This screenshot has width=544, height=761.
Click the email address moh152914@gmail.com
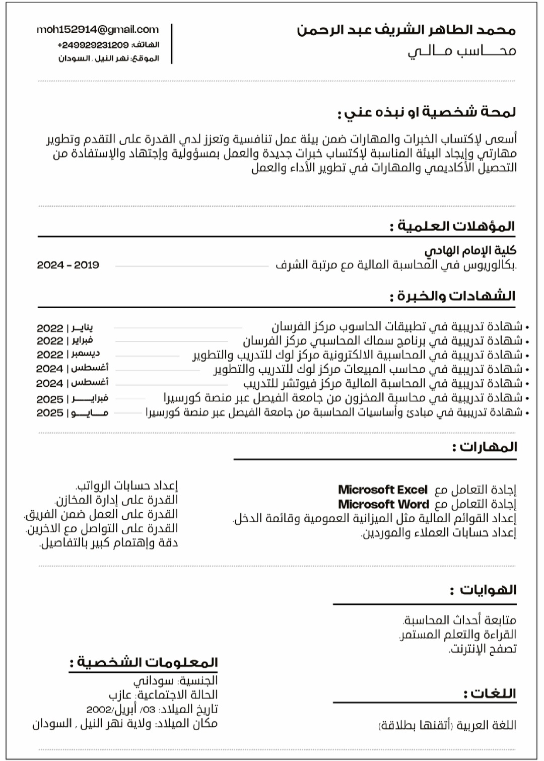pyautogui.click(x=97, y=30)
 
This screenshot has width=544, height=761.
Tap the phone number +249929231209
pyautogui.click(x=93, y=45)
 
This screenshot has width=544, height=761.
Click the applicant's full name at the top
pyautogui.click(x=406, y=30)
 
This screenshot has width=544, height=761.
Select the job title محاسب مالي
pyautogui.click(x=461, y=51)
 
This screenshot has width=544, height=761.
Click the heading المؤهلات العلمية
pyautogui.click(x=452, y=226)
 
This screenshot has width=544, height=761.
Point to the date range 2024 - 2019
pyautogui.click(x=68, y=265)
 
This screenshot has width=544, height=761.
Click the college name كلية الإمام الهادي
pyautogui.click(x=470, y=250)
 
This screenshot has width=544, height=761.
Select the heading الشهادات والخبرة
pyautogui.click(x=452, y=296)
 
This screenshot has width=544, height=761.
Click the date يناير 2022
pyautogui.click(x=65, y=328)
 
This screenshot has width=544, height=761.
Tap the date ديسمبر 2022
pyautogui.click(x=68, y=354)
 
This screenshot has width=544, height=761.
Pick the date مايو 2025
pyautogui.click(x=72, y=413)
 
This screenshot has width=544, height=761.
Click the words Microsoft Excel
pyautogui.click(x=382, y=490)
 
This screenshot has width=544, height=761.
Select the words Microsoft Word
pyautogui.click(x=383, y=504)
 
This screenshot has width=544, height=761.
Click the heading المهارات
pyautogui.click(x=484, y=447)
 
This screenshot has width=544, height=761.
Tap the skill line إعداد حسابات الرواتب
pyautogui.click(x=126, y=486)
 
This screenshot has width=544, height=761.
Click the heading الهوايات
pyautogui.click(x=483, y=590)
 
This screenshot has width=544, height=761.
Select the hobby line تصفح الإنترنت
pyautogui.click(x=483, y=649)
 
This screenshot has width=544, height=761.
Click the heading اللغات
pyautogui.click(x=490, y=694)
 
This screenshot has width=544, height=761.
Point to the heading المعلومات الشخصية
pyautogui.click(x=144, y=663)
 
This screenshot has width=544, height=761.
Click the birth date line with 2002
pyautogui.click(x=152, y=710)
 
